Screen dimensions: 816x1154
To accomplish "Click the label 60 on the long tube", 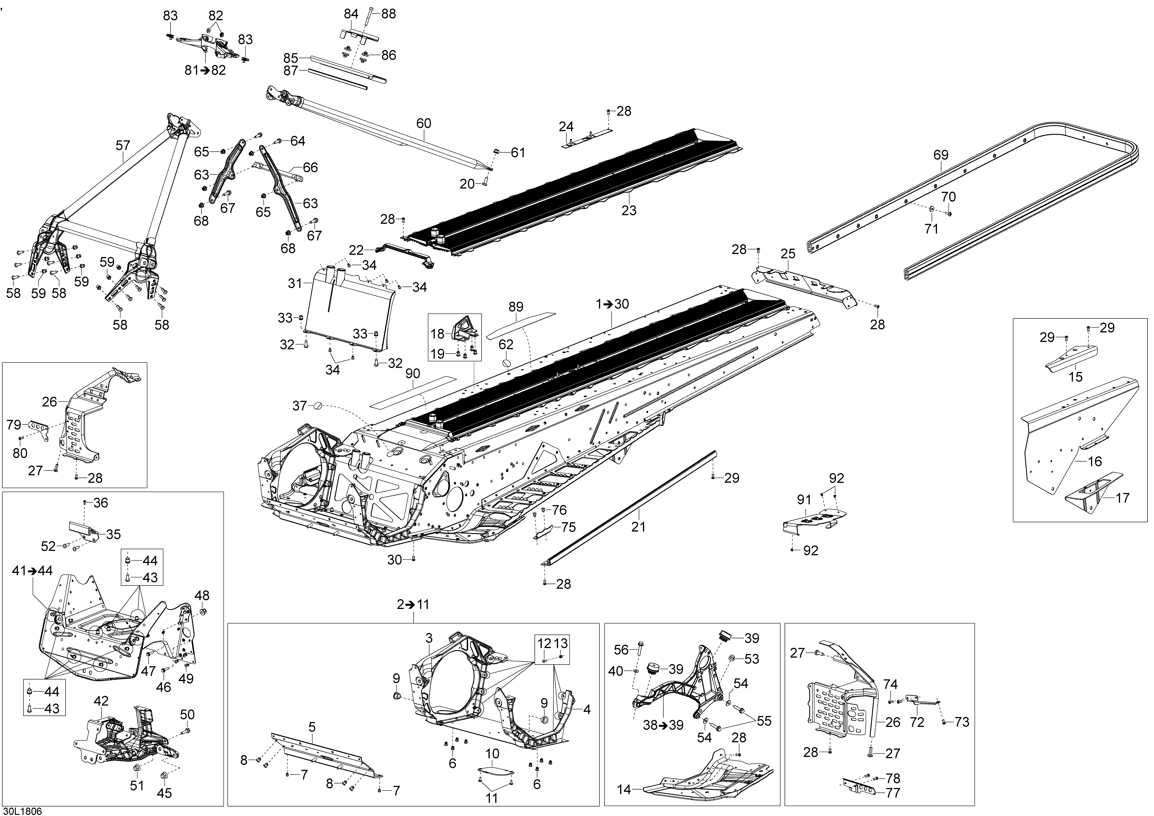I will pos(424,123).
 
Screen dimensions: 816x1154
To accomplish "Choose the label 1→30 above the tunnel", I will pos(612,304).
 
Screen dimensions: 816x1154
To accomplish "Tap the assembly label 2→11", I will pos(413,605).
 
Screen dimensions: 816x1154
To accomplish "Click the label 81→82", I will pos(205,70).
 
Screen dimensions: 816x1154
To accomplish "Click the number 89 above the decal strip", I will pos(516,307).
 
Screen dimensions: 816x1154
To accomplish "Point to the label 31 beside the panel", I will pos(295,283).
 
